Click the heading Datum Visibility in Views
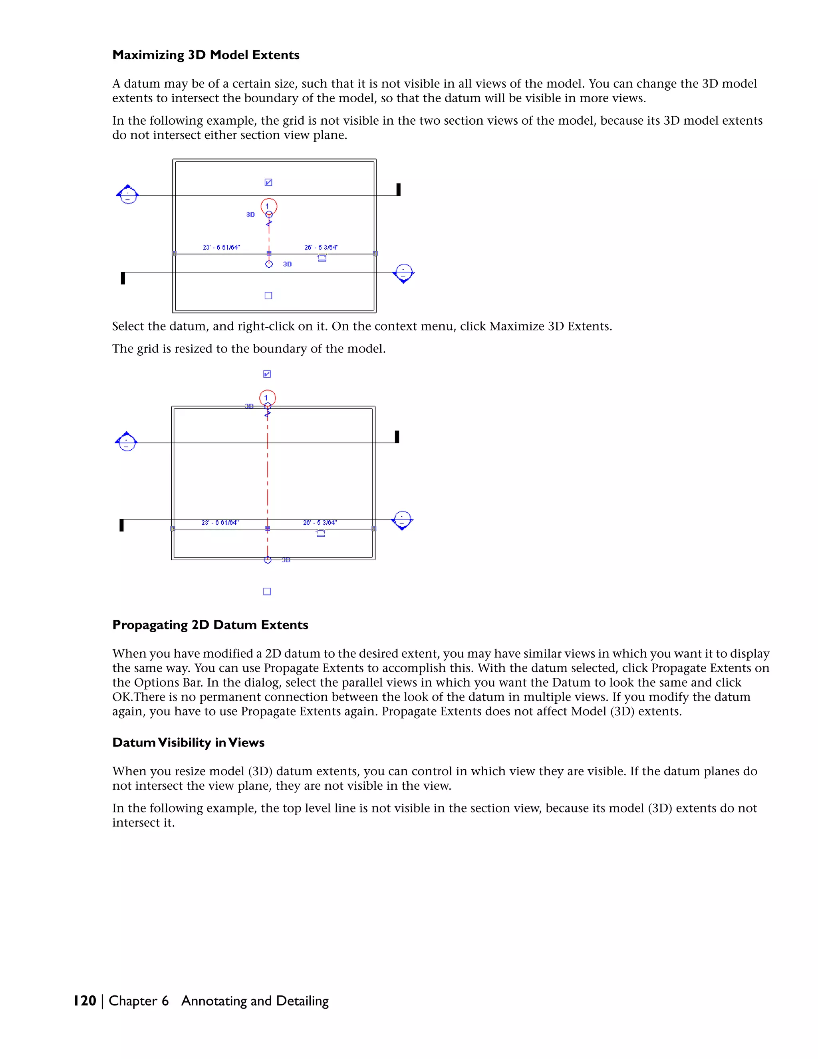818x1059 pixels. (188, 742)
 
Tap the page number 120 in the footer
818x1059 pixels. (85, 1001)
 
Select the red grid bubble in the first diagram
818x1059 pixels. (269, 206)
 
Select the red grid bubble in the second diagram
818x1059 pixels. (268, 398)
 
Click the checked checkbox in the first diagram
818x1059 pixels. (268, 182)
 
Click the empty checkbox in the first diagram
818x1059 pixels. (268, 295)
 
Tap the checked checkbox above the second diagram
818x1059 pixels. (267, 374)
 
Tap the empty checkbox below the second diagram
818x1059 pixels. (267, 591)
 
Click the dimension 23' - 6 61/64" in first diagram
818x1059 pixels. (221, 247)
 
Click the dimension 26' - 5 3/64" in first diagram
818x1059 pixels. (321, 247)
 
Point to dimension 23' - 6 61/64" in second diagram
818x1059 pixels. (220, 523)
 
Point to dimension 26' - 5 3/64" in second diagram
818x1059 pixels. (320, 523)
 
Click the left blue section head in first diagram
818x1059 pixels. (128, 195)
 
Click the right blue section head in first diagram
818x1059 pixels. (404, 273)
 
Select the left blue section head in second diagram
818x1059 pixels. (127, 442)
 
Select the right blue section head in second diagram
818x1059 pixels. (402, 520)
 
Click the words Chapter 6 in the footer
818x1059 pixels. (139, 1001)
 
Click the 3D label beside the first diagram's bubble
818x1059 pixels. (250, 214)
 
